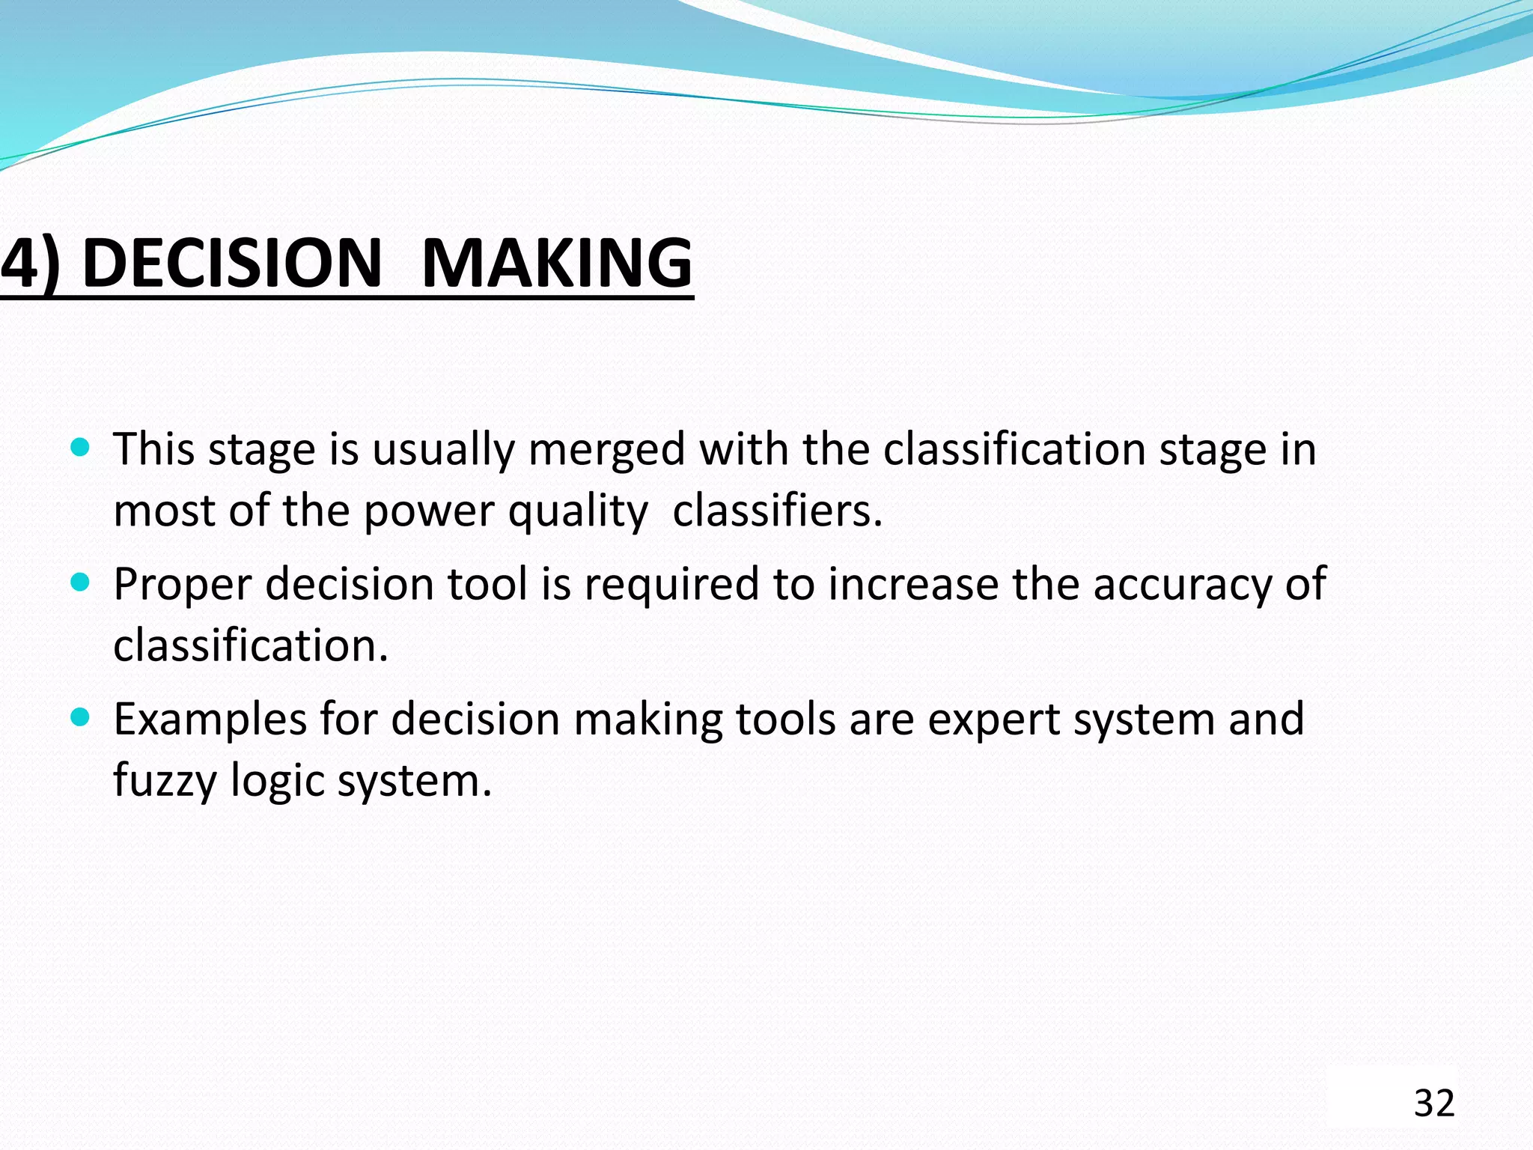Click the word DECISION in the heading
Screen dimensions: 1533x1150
pos(232,264)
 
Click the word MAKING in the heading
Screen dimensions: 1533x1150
pos(557,264)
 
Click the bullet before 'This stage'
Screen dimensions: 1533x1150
pos(79,448)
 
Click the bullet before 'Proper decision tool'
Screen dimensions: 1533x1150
pos(79,582)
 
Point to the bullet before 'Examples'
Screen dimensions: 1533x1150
pos(79,717)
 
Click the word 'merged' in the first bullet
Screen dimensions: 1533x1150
pos(606,451)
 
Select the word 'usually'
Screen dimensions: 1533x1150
pos(443,451)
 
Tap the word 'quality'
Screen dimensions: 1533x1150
pos(577,513)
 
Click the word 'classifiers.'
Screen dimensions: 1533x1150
pos(778,511)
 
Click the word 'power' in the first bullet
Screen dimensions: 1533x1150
pos(429,513)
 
